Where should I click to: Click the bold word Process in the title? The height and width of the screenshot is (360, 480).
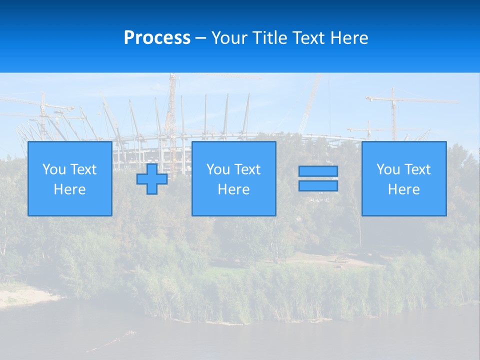(x=157, y=38)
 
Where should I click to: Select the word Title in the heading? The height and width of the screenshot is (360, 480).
(x=270, y=38)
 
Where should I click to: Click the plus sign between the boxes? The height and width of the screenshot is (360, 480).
(x=152, y=179)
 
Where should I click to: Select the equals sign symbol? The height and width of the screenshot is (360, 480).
(x=318, y=178)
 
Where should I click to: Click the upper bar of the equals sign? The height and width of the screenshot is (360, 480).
(x=318, y=171)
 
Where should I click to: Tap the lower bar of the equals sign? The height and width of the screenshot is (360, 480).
(x=318, y=186)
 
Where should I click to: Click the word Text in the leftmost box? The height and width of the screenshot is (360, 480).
(x=83, y=169)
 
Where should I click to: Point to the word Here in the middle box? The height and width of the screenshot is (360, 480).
(x=234, y=189)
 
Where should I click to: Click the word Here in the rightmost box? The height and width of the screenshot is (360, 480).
(x=404, y=189)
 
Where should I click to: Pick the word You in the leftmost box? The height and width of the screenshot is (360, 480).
(x=54, y=169)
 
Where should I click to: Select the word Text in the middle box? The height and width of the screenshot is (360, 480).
(x=247, y=169)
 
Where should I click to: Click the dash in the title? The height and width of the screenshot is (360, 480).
(x=200, y=38)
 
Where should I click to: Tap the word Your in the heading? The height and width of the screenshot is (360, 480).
(x=229, y=38)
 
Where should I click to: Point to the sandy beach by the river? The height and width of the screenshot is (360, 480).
(x=25, y=295)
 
